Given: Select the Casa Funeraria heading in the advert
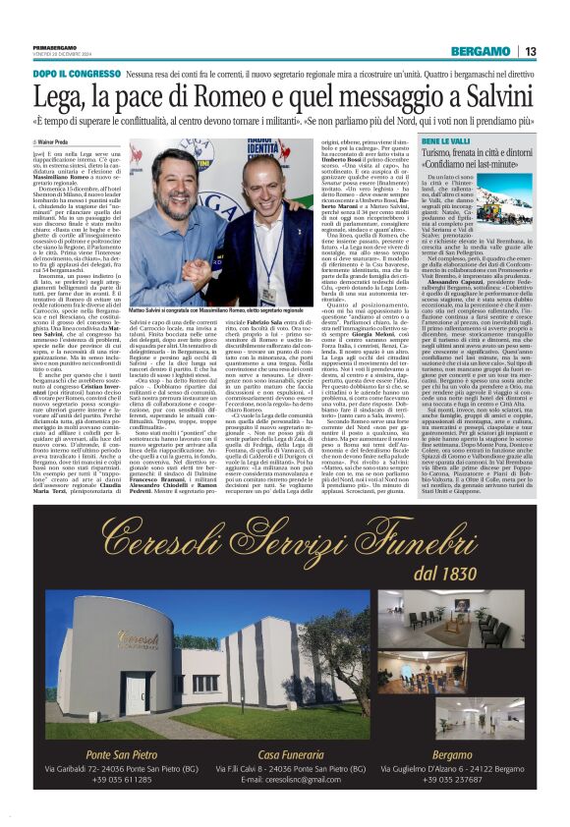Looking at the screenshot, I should (x=284, y=751).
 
